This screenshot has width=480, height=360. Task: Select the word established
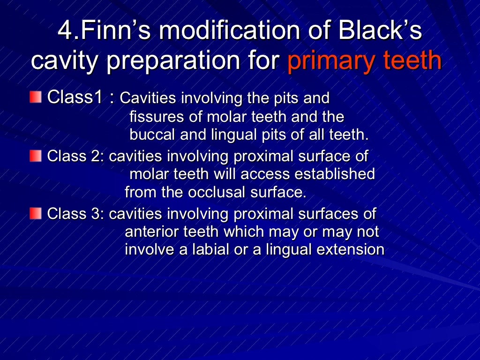click(335, 174)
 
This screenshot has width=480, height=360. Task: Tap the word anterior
click(153, 232)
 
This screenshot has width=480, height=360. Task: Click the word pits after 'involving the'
click(286, 98)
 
